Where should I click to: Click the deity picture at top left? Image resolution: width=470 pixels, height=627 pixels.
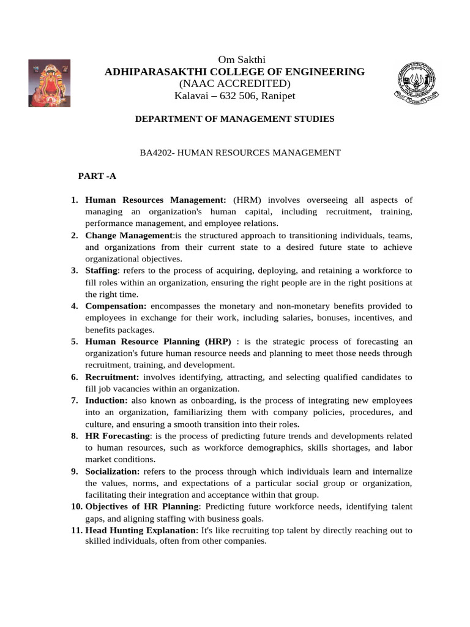tap(49, 83)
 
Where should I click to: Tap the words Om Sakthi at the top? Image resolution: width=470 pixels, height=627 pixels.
tap(234, 59)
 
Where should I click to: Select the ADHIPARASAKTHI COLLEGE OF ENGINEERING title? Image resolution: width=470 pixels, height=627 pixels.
tap(234, 72)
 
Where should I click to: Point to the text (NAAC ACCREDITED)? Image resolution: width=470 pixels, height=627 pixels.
tap(234, 84)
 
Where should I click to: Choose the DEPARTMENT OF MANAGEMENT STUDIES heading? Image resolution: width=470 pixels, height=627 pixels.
tap(234, 119)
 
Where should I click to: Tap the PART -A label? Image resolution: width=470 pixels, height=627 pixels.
tap(97, 176)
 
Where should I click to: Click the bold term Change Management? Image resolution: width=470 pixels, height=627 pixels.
tap(129, 235)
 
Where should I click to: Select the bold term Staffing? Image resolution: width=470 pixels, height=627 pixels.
tap(101, 270)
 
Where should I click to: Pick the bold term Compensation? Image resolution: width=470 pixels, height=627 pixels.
tap(116, 306)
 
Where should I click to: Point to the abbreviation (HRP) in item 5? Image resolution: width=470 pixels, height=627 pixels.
tap(218, 341)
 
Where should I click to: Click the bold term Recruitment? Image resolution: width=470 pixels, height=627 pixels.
tap(112, 377)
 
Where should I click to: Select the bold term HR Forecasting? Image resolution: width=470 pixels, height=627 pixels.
tap(117, 435)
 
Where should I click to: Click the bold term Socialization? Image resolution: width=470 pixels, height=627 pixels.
tap(112, 471)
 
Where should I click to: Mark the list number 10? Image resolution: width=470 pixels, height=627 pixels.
tap(76, 506)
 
